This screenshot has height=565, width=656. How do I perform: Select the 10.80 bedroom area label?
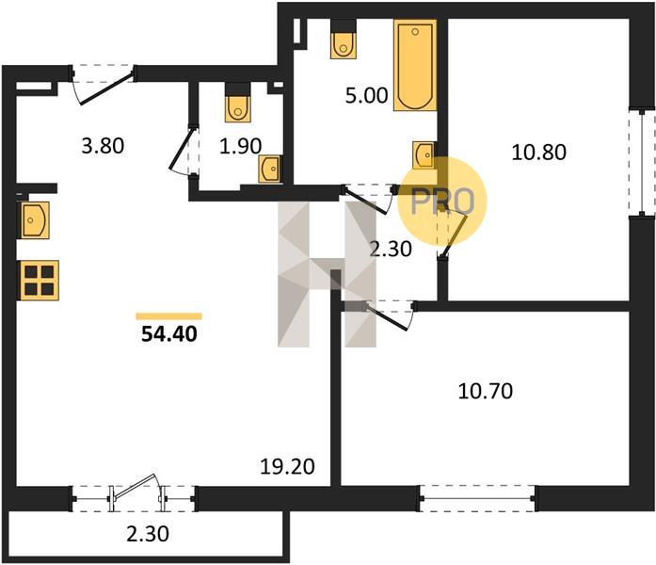tap(537, 151)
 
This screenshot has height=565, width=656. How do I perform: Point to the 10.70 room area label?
tap(485, 391)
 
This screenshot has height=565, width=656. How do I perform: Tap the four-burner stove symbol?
tap(39, 280)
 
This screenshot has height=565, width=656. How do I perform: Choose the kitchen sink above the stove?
tap(34, 219)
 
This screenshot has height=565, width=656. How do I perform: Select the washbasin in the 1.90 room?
tap(270, 168)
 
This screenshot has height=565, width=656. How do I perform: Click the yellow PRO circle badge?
tap(442, 202)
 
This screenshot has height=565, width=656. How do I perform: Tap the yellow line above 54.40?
tap(169, 316)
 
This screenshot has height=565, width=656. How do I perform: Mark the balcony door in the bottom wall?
tap(136, 493)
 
